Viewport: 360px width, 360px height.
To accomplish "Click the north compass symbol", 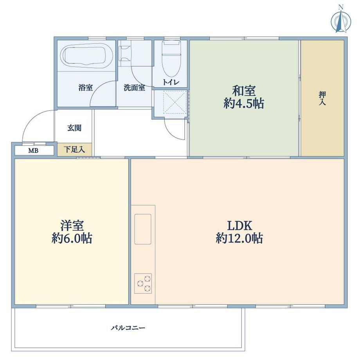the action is tap(341, 21).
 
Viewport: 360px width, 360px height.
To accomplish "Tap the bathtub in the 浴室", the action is tap(86, 56).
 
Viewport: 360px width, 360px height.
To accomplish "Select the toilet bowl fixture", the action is tap(171, 59).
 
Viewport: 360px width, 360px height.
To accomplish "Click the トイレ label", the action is tap(171, 82).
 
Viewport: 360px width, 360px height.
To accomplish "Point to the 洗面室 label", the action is tap(134, 88).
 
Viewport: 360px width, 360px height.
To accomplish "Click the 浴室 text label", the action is tap(85, 88).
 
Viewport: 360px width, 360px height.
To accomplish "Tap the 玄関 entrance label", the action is tap(74, 128).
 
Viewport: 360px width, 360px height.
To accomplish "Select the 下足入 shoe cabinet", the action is tap(75, 150).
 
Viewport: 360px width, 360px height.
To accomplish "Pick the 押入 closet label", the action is tap(322, 98).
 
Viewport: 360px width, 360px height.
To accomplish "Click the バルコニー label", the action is tap(128, 328).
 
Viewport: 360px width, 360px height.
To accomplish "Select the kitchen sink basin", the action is tap(143, 229).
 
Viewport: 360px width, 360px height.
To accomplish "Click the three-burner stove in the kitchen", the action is tap(143, 283).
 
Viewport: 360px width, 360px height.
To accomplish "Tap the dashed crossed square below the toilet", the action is tap(175, 102).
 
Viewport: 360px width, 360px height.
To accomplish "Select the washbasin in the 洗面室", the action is tap(124, 54).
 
